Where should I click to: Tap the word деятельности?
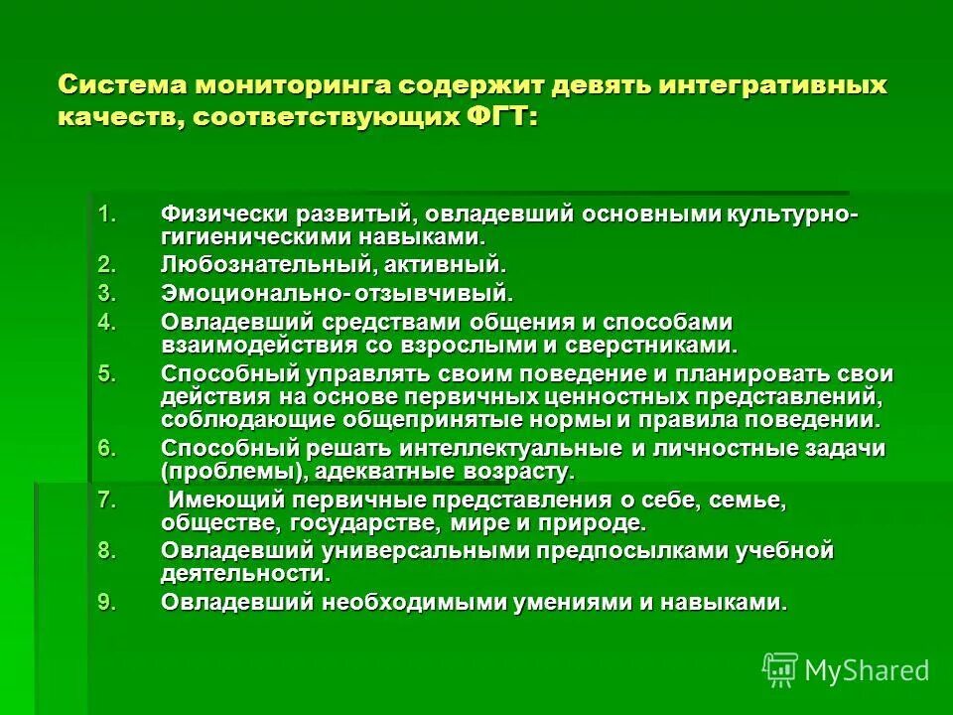[x=242, y=573]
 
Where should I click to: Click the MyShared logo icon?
[x=779, y=669]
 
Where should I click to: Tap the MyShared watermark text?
[x=867, y=670]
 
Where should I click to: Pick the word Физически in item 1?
[x=211, y=215]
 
